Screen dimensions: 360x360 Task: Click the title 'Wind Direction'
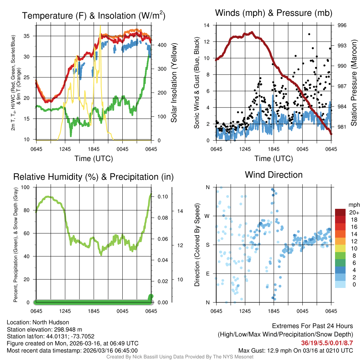click(x=274, y=175)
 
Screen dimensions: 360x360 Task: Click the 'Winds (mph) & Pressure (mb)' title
click(x=274, y=13)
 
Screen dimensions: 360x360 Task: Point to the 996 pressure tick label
click(x=342, y=25)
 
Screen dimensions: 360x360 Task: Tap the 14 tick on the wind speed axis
click(x=207, y=25)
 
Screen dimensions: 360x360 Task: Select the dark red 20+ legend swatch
click(x=340, y=212)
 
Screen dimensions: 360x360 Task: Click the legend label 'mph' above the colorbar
click(x=353, y=205)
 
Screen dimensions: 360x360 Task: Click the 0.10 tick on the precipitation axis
click(x=162, y=197)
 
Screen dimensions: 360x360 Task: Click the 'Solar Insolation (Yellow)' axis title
click(x=174, y=83)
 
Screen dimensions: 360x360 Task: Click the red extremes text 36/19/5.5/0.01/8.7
click(x=327, y=343)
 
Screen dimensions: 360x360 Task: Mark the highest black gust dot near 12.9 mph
click(x=309, y=34)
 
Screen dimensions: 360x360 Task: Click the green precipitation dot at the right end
click(x=151, y=297)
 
